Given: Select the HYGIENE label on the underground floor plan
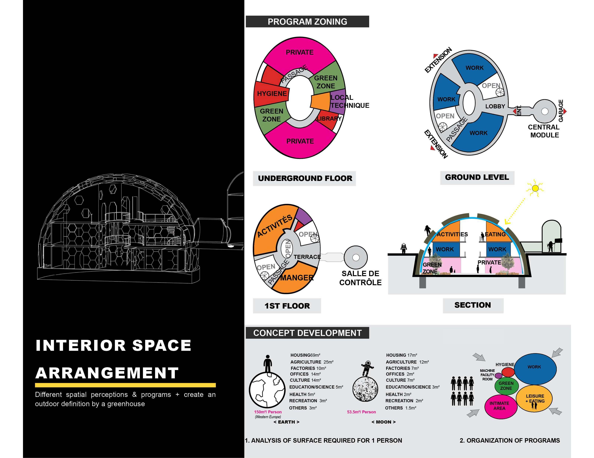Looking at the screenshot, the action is click(x=272, y=94).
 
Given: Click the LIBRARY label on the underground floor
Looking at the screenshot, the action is click(x=329, y=119).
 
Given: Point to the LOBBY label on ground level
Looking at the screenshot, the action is click(x=495, y=106).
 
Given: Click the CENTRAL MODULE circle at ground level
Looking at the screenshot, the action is click(x=544, y=111).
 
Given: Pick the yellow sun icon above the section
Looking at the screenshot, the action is click(x=535, y=188).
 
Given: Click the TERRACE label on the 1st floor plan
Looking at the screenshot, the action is click(x=307, y=257).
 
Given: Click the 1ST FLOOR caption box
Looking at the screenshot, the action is click(x=287, y=306).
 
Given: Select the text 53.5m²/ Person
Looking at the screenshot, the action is click(x=361, y=412).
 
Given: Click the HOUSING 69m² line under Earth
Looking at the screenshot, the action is click(x=305, y=355).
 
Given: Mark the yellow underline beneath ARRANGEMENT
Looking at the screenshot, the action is click(x=125, y=385).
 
